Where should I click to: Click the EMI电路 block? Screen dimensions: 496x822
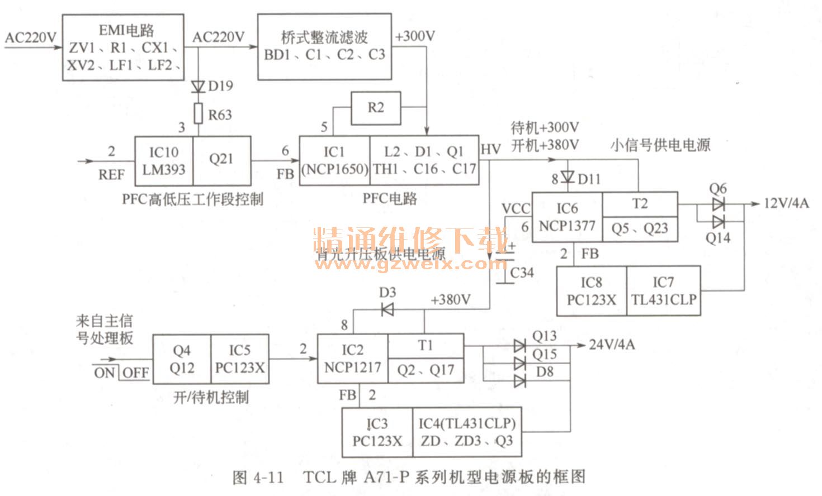click(x=123, y=47)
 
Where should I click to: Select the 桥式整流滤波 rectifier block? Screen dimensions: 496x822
click(x=324, y=47)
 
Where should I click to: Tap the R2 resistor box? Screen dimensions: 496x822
click(x=376, y=108)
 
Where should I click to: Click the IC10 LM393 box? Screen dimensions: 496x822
click(x=164, y=161)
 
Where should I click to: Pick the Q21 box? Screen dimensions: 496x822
click(x=221, y=160)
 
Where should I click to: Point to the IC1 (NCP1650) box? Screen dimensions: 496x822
click(x=334, y=160)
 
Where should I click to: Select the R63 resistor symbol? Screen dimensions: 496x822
click(x=198, y=113)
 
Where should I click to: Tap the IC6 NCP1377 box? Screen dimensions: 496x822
click(x=566, y=217)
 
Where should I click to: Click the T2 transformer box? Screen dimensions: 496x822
click(x=640, y=204)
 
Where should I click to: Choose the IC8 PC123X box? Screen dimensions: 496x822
click(x=591, y=291)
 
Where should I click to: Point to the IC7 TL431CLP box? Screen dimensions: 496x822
click(x=664, y=291)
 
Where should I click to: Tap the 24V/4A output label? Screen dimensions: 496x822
click(x=612, y=345)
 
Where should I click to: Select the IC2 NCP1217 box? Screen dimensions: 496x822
click(x=352, y=359)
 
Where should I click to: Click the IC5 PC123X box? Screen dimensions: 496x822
click(x=239, y=359)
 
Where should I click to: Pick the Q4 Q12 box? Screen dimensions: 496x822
click(x=182, y=359)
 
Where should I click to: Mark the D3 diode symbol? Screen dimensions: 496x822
click(x=387, y=309)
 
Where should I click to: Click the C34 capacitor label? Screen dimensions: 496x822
click(x=522, y=273)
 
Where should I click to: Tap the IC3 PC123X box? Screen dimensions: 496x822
click(x=377, y=432)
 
